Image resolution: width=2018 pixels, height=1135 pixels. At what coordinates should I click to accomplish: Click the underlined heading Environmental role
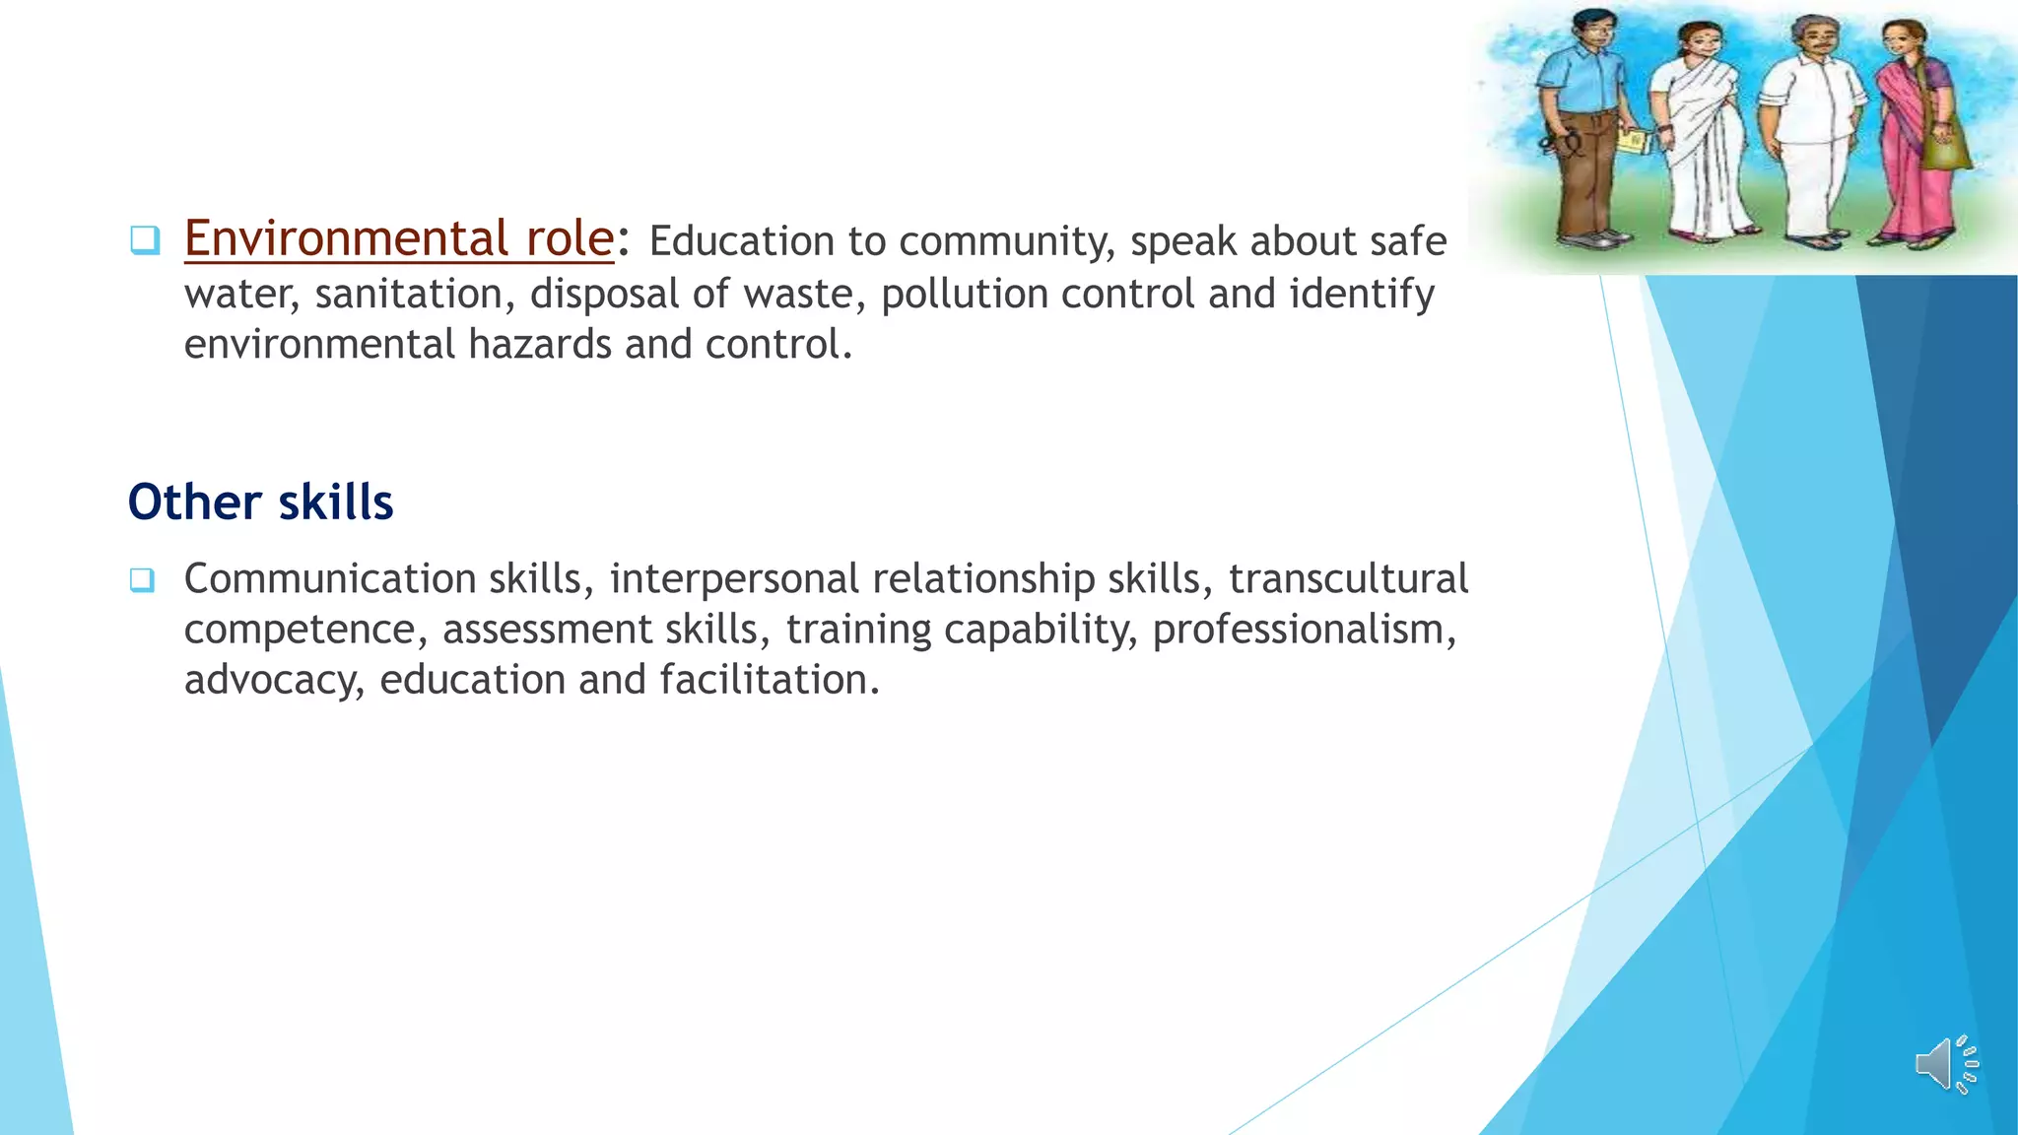[x=399, y=238]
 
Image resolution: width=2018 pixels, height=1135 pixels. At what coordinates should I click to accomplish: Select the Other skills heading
[x=260, y=502]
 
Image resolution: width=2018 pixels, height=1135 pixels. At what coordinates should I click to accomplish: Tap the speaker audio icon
[x=1946, y=1065]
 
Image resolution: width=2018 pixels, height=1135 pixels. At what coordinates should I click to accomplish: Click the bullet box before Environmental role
[x=144, y=239]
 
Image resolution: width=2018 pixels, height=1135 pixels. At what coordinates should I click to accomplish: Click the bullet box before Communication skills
[x=142, y=579]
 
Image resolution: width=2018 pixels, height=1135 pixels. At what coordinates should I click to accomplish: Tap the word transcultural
[x=1348, y=578]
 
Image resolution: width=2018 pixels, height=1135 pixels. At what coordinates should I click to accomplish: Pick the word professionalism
[x=1303, y=630]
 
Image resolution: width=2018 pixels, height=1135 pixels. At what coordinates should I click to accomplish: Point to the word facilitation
[x=769, y=680]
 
